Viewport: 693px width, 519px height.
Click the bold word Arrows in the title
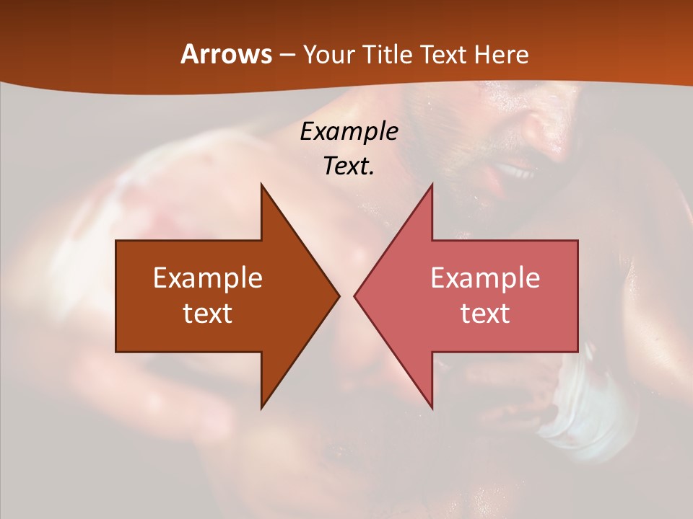coord(226,54)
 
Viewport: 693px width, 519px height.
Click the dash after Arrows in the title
coord(286,55)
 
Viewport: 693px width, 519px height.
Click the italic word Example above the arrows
coord(349,132)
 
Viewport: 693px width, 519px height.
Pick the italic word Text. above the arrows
coord(349,167)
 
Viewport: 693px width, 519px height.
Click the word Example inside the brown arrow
coord(207,278)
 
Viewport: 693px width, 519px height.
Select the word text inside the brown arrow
coord(207,314)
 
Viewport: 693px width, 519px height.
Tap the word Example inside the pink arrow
coord(485,278)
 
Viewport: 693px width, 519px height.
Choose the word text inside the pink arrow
coord(485,314)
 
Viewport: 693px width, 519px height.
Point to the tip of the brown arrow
coord(339,296)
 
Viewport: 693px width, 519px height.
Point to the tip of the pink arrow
coord(354,296)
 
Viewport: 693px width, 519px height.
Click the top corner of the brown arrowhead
coord(261,185)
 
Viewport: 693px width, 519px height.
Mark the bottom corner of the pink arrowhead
coord(432,408)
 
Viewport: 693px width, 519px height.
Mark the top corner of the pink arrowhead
coord(432,185)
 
